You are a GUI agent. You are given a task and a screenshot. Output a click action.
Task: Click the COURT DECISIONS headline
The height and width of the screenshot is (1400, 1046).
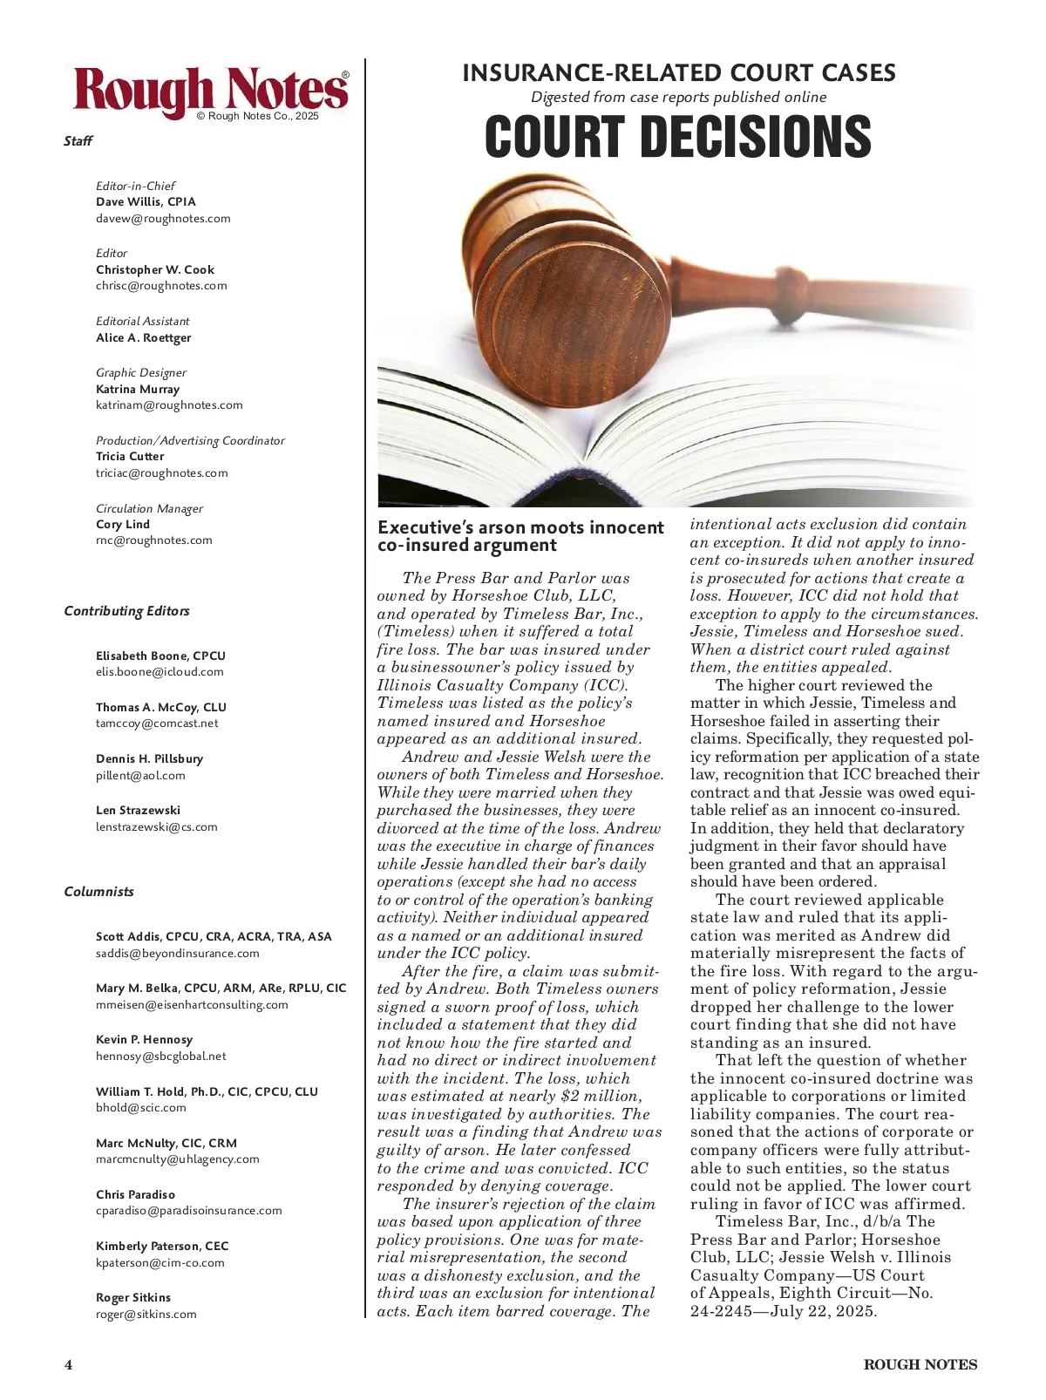click(677, 138)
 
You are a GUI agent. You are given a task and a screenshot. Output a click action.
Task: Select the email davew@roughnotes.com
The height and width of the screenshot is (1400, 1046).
click(163, 219)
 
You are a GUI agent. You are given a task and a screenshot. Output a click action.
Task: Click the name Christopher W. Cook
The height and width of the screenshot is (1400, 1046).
click(155, 269)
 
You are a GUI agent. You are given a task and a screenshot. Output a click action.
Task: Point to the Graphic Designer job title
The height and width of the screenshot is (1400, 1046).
click(141, 372)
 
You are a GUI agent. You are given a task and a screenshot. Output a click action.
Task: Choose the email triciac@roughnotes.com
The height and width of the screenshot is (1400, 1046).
click(162, 473)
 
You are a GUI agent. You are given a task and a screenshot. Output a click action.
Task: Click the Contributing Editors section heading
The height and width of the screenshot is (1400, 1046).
click(126, 611)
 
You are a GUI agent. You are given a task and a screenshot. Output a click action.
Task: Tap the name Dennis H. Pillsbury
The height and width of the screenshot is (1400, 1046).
click(149, 758)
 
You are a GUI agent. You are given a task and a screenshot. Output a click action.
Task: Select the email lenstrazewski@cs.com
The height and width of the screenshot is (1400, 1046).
click(157, 827)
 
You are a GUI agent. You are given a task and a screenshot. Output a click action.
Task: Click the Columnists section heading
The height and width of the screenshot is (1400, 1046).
click(99, 892)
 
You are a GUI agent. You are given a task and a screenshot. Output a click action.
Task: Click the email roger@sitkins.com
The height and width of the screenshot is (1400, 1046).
click(146, 1315)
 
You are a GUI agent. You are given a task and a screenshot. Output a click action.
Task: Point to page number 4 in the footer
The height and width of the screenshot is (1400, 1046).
click(69, 1365)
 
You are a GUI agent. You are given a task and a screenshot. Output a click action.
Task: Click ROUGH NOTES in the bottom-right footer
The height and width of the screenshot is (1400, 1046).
click(920, 1365)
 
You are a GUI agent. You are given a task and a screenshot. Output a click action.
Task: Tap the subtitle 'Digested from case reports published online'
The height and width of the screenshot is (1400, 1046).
click(678, 98)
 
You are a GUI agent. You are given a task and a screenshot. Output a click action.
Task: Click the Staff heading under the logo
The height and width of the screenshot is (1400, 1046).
click(78, 141)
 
